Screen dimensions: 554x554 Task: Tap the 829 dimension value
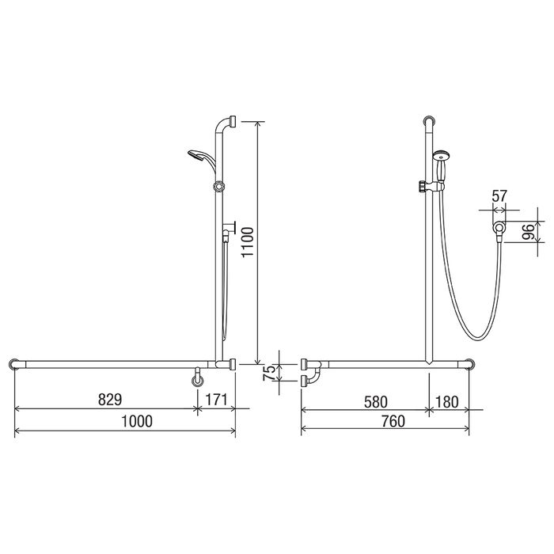tap(110, 400)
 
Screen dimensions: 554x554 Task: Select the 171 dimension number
tap(216, 400)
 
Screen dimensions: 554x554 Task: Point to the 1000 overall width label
tap(137, 421)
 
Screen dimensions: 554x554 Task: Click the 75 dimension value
tap(270, 373)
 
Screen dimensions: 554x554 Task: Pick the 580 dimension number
tap(376, 402)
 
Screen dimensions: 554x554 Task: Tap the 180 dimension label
tap(446, 402)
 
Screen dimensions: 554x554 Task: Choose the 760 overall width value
tap(393, 421)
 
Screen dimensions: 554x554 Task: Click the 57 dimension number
tap(499, 195)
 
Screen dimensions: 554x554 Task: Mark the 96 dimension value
tap(529, 232)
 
